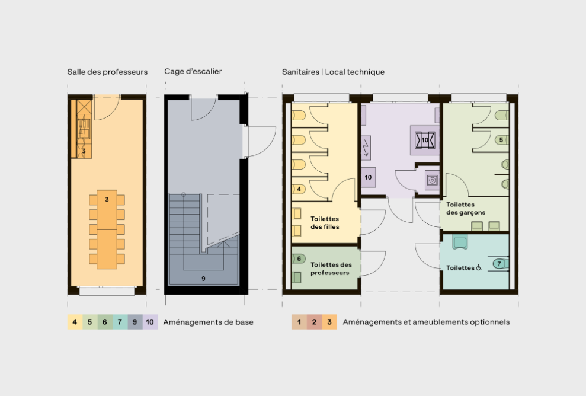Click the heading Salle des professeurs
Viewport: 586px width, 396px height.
point(107,72)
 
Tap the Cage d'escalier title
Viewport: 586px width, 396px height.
point(193,72)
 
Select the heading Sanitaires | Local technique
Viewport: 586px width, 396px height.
point(333,72)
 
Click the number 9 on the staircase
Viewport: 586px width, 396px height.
point(203,277)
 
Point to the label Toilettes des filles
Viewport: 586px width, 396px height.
point(325,222)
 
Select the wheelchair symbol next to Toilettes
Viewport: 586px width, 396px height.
point(479,267)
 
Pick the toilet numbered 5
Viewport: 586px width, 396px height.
point(501,140)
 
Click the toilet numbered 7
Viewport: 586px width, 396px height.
point(499,263)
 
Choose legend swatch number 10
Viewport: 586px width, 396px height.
point(150,322)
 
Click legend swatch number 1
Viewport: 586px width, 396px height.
point(299,322)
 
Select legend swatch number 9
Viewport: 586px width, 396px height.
point(135,322)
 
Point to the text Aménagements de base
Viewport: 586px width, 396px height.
point(208,322)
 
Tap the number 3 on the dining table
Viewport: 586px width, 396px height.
point(107,200)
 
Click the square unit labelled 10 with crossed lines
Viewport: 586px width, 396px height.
point(425,140)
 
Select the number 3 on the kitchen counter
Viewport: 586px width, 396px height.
point(84,152)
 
